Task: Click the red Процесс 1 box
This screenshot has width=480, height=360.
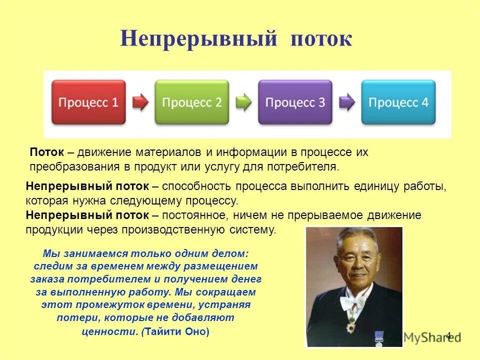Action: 88,102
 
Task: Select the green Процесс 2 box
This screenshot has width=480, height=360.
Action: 191,102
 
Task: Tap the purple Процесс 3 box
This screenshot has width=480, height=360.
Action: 295,102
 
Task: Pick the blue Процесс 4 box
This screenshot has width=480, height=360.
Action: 398,102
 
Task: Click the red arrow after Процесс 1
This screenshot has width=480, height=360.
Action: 140,102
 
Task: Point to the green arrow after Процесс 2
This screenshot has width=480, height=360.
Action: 243,102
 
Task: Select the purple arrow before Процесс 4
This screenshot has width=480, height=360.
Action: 347,102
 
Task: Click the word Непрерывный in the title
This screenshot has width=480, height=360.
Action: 198,39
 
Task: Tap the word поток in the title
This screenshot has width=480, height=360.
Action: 321,39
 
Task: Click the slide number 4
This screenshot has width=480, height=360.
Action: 448,335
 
